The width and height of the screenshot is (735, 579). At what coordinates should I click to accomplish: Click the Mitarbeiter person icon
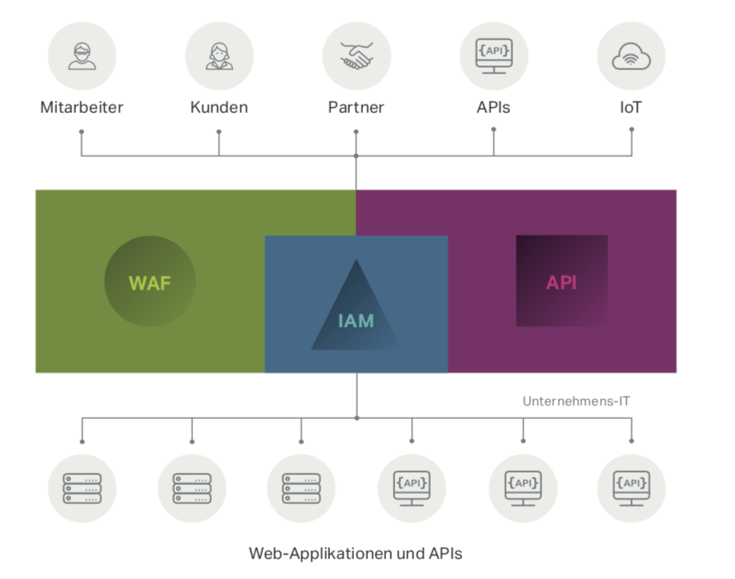point(82,55)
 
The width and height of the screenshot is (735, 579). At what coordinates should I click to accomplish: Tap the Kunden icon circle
point(219,55)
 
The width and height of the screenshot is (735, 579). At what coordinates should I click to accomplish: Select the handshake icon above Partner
point(356,55)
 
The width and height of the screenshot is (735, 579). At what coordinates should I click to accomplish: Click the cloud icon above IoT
point(631,55)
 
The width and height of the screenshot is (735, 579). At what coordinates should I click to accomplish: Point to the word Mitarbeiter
point(82,107)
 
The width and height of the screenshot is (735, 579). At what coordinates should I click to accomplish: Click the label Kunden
point(219,107)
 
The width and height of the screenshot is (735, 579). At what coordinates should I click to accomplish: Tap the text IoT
point(631,107)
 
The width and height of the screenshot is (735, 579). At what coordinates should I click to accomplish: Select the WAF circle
point(149,282)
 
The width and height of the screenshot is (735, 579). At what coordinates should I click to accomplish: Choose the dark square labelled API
point(562,280)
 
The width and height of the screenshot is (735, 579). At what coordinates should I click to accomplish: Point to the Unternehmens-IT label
point(577,401)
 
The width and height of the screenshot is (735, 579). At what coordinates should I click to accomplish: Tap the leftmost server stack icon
point(82,487)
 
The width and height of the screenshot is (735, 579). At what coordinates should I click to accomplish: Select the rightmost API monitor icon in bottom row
point(631,487)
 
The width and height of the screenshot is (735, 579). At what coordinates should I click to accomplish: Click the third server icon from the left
point(301,487)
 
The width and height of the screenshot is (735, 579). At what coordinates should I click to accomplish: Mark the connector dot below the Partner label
point(356,129)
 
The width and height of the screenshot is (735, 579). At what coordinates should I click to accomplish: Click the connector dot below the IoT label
point(632,129)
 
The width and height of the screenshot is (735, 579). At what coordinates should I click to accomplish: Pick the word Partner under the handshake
point(356,107)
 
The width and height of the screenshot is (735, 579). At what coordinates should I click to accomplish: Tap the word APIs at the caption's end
point(445,553)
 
